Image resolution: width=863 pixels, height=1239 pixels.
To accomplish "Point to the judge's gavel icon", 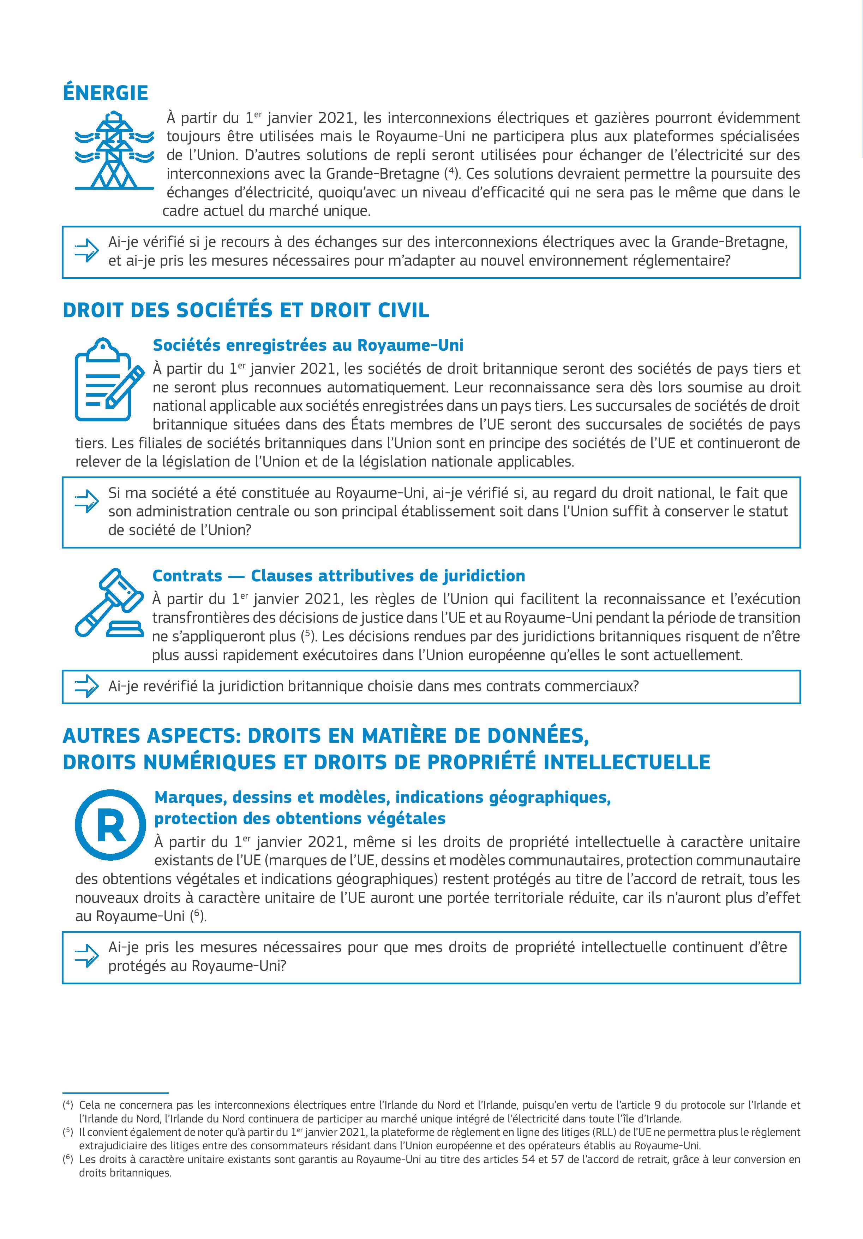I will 109,603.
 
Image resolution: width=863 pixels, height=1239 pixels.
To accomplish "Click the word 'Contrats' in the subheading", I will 187,576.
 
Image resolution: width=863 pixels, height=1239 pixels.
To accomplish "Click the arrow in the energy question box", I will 86,250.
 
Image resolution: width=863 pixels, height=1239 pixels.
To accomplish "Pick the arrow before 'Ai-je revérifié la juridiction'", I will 86,686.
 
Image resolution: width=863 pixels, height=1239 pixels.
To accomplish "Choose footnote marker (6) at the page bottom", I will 68,1158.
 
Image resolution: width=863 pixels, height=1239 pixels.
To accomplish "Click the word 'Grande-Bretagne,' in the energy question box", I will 729,242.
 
